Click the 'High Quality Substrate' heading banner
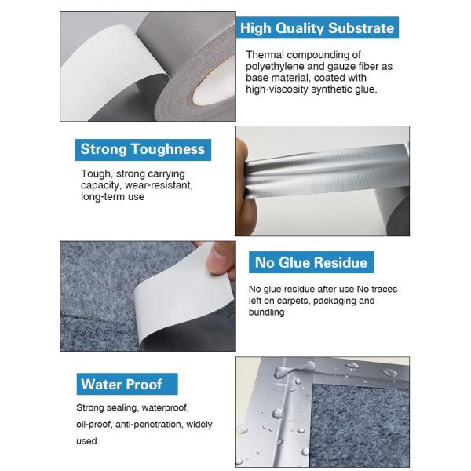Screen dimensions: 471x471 317,27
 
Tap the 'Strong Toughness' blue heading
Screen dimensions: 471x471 143,150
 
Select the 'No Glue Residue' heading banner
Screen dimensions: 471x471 311,262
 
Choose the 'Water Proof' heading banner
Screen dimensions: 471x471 127,384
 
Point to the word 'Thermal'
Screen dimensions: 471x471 265,55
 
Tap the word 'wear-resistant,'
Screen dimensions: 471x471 159,185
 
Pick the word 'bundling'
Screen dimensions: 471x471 266,312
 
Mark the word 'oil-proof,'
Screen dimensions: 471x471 94,425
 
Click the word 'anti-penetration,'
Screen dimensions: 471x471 148,425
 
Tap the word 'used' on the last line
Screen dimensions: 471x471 86,441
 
